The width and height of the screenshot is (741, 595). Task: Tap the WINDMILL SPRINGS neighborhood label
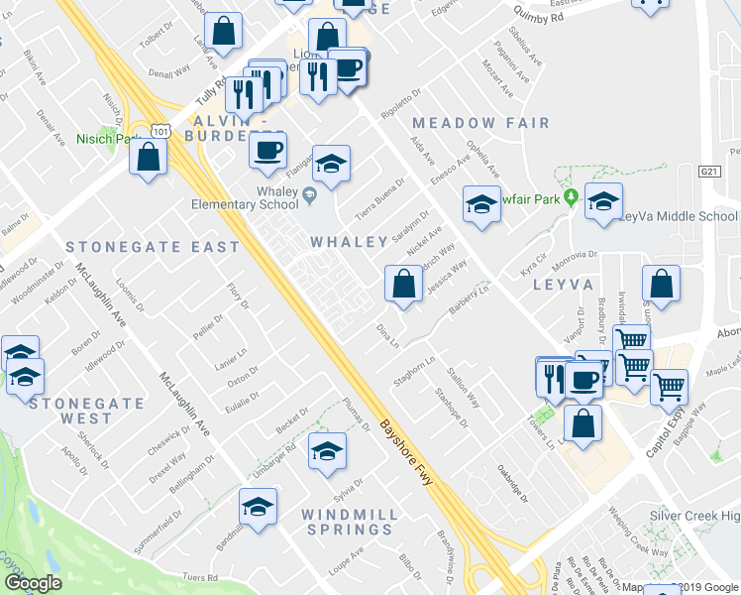(350, 525)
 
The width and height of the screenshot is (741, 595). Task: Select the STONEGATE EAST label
(153, 246)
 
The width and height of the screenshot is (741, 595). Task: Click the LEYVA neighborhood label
(562, 285)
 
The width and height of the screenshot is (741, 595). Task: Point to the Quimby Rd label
(539, 13)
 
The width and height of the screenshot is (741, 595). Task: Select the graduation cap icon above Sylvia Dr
(327, 451)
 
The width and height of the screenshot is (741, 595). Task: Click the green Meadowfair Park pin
(571, 197)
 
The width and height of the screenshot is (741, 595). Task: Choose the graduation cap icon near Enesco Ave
(481, 205)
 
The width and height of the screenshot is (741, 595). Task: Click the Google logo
(33, 583)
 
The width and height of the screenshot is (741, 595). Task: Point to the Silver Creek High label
(694, 516)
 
